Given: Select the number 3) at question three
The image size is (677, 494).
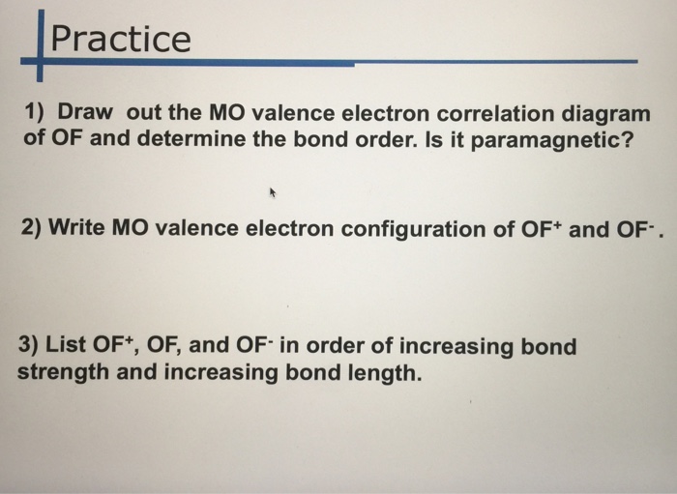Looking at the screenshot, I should [x=30, y=345].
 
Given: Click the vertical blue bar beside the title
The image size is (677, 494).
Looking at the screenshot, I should [x=40, y=41].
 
